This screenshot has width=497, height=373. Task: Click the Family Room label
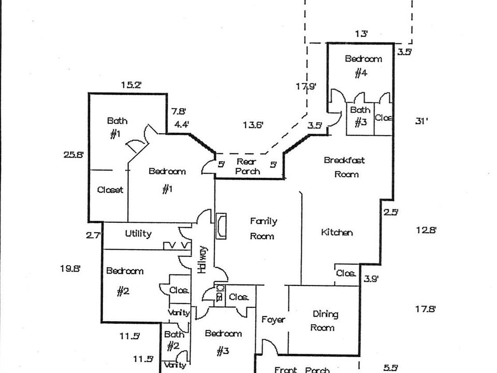[264, 228]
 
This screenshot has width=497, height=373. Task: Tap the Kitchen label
[337, 233]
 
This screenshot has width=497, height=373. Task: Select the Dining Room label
[325, 321]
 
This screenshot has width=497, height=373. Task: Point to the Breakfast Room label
[344, 167]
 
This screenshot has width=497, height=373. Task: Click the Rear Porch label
[248, 166]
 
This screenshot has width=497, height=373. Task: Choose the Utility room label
[138, 234]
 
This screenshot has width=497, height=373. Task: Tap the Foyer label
[273, 320]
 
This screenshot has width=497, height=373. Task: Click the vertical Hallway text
[203, 260]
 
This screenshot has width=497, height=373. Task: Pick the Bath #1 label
[116, 127]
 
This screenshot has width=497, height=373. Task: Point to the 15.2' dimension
[131, 85]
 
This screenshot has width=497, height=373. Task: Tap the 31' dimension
[422, 121]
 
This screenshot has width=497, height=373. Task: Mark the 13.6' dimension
[253, 124]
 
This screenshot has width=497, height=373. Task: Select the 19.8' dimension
[70, 268]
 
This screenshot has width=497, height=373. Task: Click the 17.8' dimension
[426, 309]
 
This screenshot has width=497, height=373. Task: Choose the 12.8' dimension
[426, 229]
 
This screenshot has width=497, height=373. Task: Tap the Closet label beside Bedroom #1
[110, 190]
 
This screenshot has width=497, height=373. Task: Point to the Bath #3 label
[360, 117]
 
